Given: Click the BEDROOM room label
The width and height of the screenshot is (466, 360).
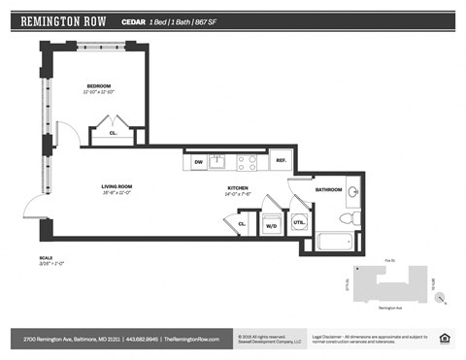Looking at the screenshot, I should [99, 86].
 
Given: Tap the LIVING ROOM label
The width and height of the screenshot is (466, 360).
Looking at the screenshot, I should [116, 185].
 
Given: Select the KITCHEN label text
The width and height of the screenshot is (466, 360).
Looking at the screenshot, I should [239, 187].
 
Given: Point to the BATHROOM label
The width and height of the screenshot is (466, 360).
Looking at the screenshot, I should [329, 189].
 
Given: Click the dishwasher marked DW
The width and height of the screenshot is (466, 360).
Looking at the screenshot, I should [198, 162].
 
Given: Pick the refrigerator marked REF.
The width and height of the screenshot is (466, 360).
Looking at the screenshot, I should [281, 160].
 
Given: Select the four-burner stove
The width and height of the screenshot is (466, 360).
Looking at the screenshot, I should [247, 161].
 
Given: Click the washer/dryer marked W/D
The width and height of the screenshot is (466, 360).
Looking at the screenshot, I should [271, 225].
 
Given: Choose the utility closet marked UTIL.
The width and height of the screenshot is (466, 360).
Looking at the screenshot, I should [300, 223].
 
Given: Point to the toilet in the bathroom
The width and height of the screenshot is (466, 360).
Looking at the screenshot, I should [354, 219].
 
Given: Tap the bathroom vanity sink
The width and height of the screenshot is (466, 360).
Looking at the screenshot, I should [353, 190].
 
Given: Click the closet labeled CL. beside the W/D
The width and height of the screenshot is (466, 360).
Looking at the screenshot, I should [242, 224].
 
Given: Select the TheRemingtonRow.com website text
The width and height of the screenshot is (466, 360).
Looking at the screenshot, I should [191, 339].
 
